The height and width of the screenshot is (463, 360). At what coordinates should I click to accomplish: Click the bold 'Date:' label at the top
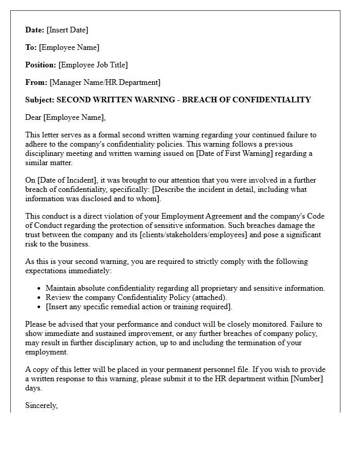pos(35,30)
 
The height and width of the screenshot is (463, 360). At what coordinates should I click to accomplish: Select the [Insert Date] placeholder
pos(67,30)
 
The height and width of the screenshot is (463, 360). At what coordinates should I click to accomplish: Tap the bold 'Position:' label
pos(41,65)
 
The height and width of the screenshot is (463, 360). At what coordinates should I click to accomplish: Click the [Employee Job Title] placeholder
pos(93,65)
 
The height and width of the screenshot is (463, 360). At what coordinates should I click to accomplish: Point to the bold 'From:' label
pos(36,82)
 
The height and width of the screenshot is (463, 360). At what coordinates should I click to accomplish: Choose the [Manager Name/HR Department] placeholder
pos(105,82)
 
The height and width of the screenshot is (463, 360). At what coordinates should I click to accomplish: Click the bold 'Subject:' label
pos(40,100)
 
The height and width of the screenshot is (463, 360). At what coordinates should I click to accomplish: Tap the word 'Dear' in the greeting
pos(33,117)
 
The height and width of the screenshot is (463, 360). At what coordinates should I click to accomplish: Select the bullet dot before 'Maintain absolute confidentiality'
pos(40,289)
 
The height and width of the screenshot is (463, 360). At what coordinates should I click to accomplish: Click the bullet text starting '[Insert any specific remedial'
pos(139,307)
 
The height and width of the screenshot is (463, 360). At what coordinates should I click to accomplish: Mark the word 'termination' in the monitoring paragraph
pos(247,343)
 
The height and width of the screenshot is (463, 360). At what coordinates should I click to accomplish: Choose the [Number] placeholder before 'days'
pos(308,379)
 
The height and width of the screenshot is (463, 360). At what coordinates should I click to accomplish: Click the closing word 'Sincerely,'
pos(42,405)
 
